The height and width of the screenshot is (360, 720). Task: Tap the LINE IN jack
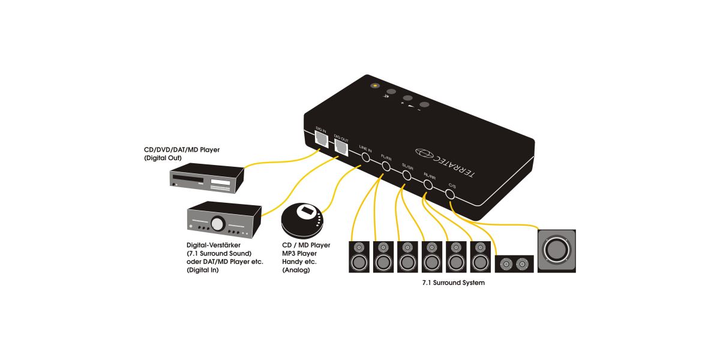tap(365, 158)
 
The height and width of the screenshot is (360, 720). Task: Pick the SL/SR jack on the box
tap(407, 176)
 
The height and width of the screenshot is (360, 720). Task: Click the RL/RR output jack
tap(429, 185)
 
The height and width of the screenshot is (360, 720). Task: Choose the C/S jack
tap(451, 194)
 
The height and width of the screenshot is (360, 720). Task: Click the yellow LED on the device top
tap(376, 85)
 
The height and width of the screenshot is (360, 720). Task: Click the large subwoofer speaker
tap(557, 250)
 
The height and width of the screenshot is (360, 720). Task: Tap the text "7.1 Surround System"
tap(453, 282)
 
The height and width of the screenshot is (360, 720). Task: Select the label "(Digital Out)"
tap(163, 158)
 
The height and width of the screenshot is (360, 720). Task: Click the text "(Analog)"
tap(296, 271)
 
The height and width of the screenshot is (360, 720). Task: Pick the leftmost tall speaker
tap(359, 256)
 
